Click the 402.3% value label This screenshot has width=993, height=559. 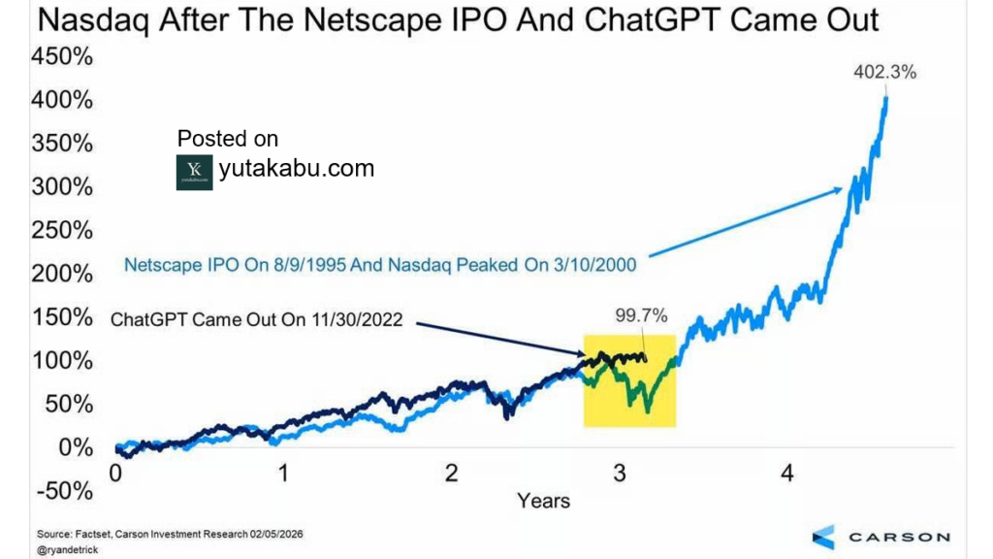(883, 72)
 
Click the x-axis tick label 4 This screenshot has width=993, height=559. (787, 475)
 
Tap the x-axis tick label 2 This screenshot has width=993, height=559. (451, 475)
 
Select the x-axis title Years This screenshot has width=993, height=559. (543, 501)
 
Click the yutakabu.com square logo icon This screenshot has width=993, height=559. (194, 172)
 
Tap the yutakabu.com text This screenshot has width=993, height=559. (297, 168)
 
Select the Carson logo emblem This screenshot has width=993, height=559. (822, 537)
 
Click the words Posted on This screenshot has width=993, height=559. (227, 139)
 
